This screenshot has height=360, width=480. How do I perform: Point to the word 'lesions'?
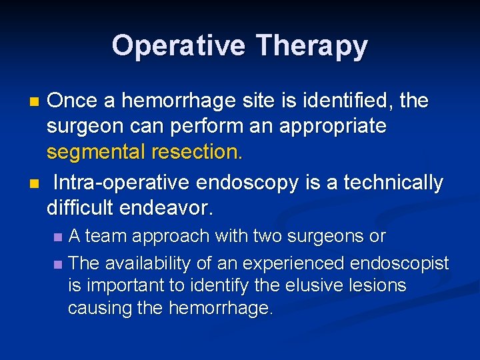(x=380, y=286)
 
